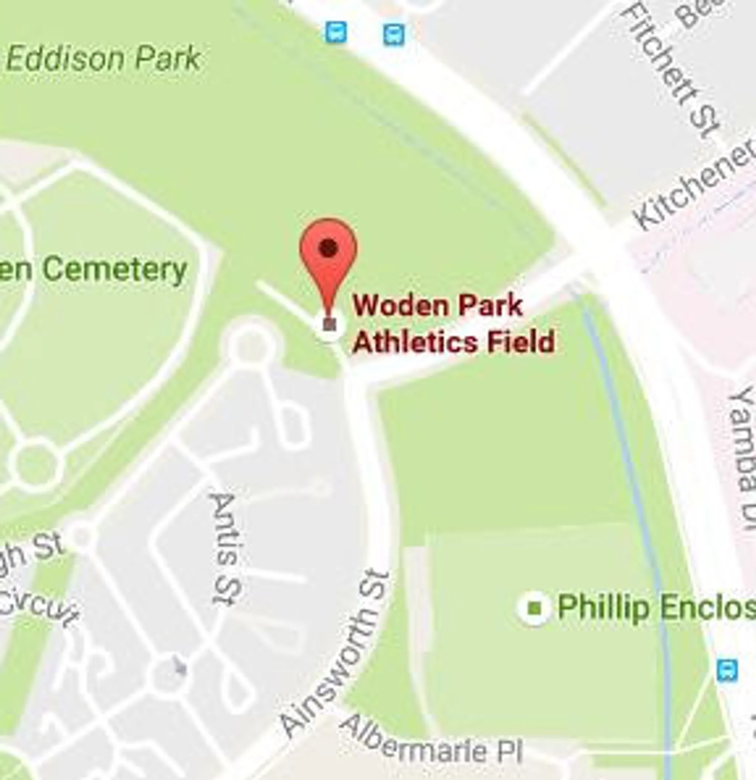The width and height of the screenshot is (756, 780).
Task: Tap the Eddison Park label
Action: coord(103,58)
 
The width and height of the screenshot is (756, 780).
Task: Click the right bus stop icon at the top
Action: coord(394,35)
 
